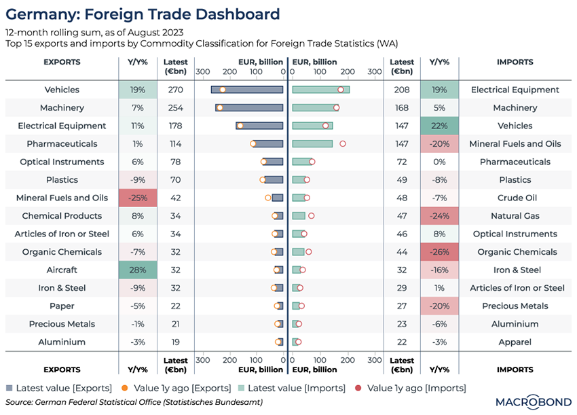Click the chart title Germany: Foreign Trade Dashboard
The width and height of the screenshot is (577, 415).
(x=143, y=14)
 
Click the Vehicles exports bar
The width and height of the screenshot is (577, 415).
(x=246, y=90)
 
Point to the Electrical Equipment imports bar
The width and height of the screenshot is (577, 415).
(x=320, y=90)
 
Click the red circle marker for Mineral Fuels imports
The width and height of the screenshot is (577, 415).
(x=343, y=144)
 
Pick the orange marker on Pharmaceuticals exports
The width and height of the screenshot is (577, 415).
(x=253, y=144)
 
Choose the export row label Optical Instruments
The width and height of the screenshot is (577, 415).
(x=62, y=162)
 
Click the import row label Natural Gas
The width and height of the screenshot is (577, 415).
(x=515, y=216)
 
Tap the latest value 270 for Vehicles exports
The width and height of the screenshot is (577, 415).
(x=176, y=90)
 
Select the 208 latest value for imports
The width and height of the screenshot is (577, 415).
(x=403, y=90)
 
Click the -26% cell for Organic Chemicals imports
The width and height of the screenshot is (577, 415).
(x=439, y=252)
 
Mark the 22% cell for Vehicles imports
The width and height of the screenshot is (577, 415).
(x=439, y=126)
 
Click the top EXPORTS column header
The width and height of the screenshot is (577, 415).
(x=62, y=62)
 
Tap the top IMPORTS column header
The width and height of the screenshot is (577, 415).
(x=515, y=62)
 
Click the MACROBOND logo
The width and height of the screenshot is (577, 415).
(x=534, y=401)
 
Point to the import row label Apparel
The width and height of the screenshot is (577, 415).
(x=515, y=342)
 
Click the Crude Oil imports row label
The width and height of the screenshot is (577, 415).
(x=515, y=198)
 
